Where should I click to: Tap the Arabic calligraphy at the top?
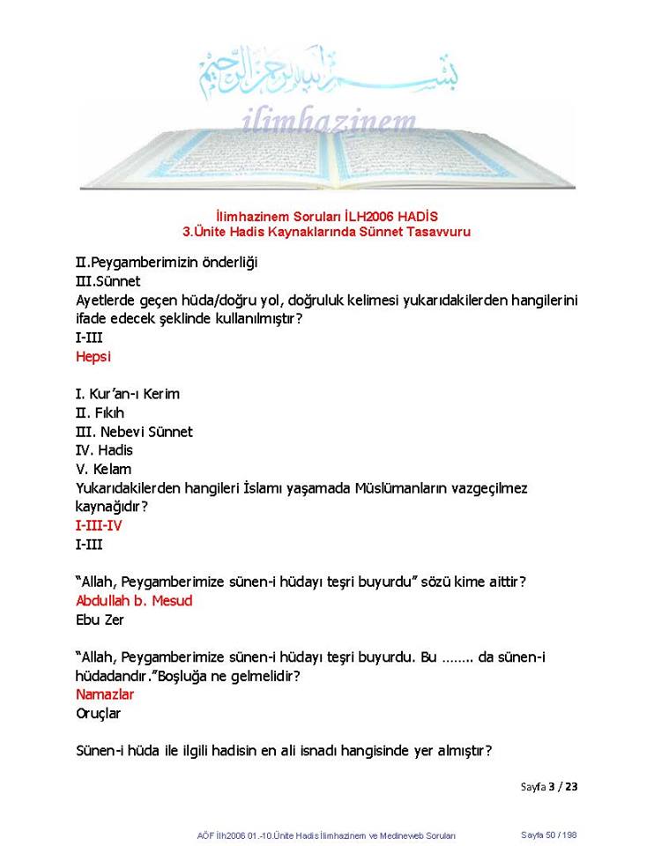(x=328, y=70)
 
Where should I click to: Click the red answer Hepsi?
(x=93, y=357)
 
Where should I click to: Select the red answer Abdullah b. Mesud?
(x=134, y=601)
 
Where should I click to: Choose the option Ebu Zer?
(x=100, y=620)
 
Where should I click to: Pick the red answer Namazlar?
(x=104, y=694)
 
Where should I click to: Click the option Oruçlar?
(x=99, y=713)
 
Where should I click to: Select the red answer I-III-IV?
(x=99, y=525)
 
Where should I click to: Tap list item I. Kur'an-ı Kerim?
(x=128, y=394)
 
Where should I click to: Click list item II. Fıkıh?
(x=100, y=412)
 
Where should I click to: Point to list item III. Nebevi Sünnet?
(x=134, y=432)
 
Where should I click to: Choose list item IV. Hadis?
(x=104, y=450)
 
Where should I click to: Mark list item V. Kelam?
(x=103, y=469)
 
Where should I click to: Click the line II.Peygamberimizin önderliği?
(x=167, y=263)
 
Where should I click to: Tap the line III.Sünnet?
(x=108, y=281)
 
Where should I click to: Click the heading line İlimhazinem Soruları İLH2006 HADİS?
(x=327, y=216)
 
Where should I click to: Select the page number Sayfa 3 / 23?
(x=548, y=786)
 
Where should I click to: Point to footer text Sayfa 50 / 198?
(x=548, y=835)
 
